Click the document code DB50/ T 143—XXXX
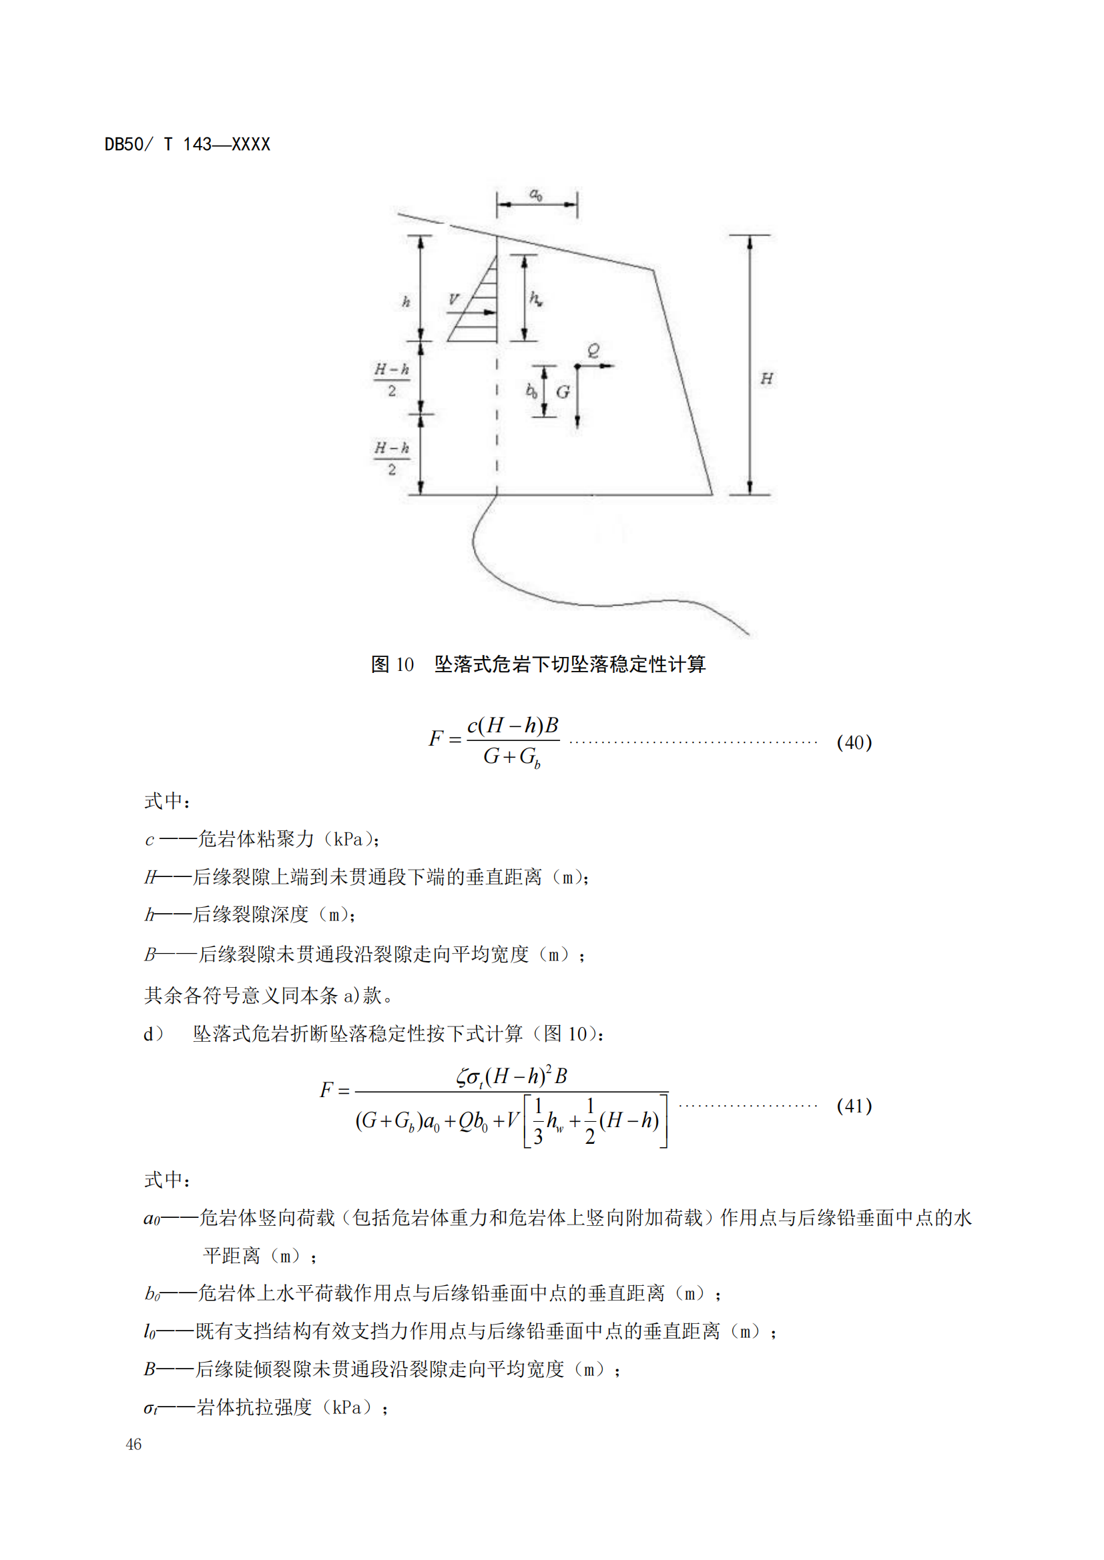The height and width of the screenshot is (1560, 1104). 187,145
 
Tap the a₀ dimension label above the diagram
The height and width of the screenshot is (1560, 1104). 536,195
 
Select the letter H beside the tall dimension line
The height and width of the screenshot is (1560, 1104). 766,378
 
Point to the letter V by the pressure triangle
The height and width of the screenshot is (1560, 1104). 453,299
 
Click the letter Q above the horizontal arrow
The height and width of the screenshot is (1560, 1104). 593,351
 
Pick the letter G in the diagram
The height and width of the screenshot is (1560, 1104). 563,392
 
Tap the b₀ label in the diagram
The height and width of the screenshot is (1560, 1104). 531,391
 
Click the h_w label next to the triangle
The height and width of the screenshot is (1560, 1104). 536,298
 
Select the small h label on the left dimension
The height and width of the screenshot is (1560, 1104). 406,301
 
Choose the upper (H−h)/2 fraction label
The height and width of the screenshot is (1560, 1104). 392,379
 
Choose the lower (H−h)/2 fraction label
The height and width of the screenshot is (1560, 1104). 392,458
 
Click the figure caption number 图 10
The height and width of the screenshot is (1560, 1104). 392,664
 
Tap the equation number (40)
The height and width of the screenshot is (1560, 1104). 854,742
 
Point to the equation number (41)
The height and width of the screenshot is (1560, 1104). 854,1105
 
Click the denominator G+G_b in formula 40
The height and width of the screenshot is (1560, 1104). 511,757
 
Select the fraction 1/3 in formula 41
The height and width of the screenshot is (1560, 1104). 538,1121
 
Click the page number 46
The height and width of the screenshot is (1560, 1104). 133,1444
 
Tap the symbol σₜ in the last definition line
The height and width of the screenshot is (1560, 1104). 150,1407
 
